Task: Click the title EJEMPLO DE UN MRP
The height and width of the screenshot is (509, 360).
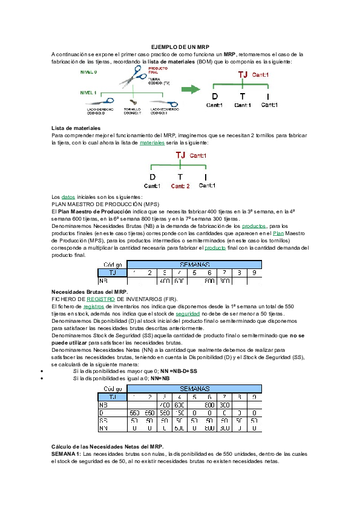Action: click(180, 47)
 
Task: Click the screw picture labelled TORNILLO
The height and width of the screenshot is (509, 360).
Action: click(134, 103)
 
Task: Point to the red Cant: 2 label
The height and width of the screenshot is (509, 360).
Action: click(180, 186)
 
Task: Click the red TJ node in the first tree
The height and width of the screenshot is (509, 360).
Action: click(242, 74)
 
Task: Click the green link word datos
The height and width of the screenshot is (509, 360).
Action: click(68, 197)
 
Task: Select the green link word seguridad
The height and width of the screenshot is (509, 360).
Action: click(188, 314)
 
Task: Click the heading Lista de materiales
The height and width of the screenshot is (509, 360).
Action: click(75, 128)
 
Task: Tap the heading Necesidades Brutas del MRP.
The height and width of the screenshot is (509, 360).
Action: click(90, 292)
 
